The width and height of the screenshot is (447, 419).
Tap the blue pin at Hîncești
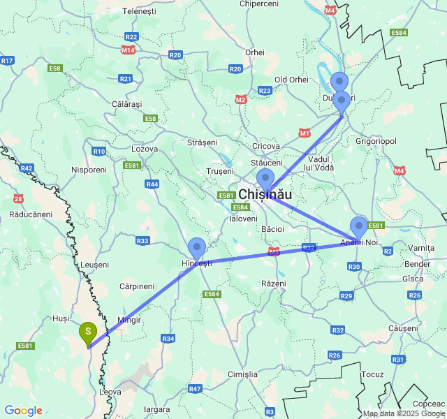pyautogui.click(x=197, y=249)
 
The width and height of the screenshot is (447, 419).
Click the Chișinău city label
pyautogui.click(x=265, y=194)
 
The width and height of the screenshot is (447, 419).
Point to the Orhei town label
pyautogui.click(x=255, y=52)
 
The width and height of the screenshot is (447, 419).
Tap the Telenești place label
pyautogui.click(x=139, y=12)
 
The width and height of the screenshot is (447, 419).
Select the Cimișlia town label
pyautogui.click(x=243, y=374)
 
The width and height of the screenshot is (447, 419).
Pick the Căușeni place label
pyautogui.click(x=402, y=328)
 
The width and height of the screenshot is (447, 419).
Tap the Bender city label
pyautogui.click(x=418, y=264)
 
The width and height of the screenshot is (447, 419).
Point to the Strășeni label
pyautogui.click(x=203, y=142)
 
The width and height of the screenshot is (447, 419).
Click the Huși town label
pyautogui.click(x=61, y=318)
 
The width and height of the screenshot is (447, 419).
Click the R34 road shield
pyautogui.click(x=168, y=339)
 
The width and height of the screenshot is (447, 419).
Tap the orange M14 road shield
pyautogui.click(x=128, y=50)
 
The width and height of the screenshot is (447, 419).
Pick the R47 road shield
pyautogui.click(x=195, y=388)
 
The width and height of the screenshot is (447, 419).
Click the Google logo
pyautogui.click(x=23, y=411)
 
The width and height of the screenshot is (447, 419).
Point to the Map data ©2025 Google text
pyautogui.click(x=404, y=413)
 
